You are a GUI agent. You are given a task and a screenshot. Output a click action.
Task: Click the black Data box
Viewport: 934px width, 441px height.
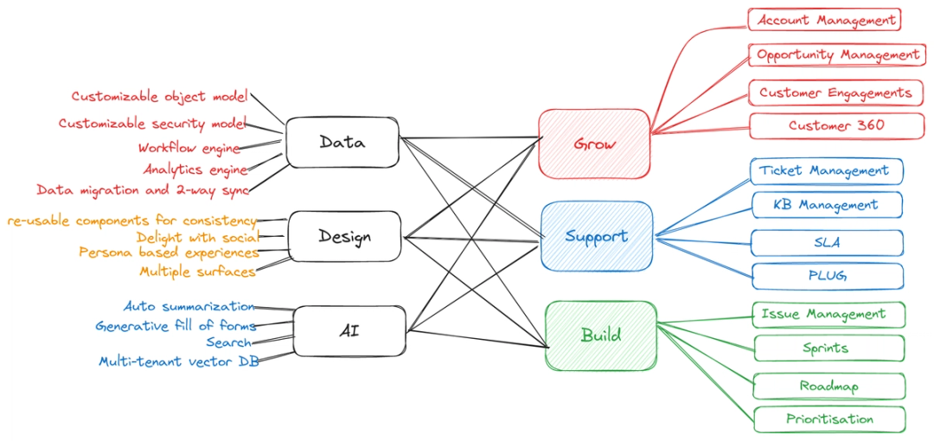(x=342, y=143)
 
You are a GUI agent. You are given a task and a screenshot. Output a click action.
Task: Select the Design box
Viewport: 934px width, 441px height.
(x=344, y=236)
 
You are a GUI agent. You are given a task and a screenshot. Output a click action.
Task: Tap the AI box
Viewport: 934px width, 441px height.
(x=350, y=330)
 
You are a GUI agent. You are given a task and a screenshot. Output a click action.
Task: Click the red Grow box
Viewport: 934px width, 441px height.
(x=594, y=144)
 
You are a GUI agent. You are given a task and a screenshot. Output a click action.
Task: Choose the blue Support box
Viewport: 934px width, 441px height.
(x=597, y=236)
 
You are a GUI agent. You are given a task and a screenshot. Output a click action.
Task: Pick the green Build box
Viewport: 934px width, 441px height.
(x=601, y=335)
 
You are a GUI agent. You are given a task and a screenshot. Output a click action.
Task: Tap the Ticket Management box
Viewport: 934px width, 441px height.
(x=826, y=170)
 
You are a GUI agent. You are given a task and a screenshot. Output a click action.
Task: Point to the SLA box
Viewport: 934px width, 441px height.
(x=827, y=243)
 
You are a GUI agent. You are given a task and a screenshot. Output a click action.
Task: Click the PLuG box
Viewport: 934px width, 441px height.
(x=827, y=276)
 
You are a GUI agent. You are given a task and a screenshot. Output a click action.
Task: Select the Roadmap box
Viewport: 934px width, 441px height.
(x=828, y=386)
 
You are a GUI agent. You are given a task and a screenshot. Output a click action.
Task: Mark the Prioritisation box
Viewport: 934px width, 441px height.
(x=829, y=419)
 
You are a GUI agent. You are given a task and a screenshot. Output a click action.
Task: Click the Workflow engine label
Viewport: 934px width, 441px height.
(x=189, y=149)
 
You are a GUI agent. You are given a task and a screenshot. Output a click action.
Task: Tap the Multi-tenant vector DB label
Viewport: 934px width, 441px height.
(x=178, y=361)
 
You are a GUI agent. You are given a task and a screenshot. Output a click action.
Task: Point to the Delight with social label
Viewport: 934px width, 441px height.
(x=197, y=237)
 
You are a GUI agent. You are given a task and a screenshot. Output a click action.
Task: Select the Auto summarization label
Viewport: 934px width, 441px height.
(x=189, y=306)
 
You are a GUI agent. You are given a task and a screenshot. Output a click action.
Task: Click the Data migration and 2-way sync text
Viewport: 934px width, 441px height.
(x=143, y=189)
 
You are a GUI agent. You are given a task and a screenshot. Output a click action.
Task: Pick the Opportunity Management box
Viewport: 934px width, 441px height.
(x=837, y=54)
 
